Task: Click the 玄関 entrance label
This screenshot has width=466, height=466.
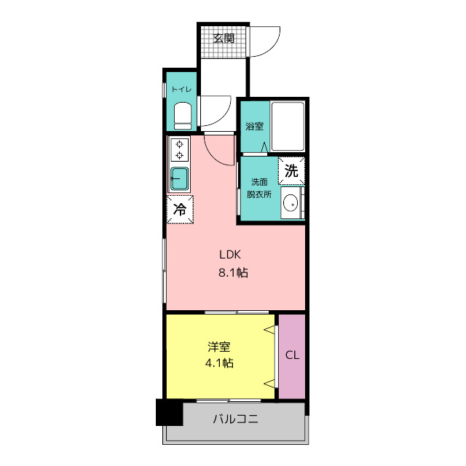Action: point(224,38)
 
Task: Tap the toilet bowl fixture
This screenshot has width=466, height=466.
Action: point(183,116)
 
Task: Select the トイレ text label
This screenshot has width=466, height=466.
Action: point(181,89)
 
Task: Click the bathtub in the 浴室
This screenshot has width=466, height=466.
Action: point(288,126)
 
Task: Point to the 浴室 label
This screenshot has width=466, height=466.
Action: point(254,126)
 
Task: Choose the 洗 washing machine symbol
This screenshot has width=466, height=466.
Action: point(291,170)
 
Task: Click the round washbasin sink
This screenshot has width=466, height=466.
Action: point(291,203)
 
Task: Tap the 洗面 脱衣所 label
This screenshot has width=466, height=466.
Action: point(259,188)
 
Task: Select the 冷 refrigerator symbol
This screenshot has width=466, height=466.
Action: point(180,209)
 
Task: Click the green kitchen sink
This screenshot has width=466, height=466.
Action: point(179,178)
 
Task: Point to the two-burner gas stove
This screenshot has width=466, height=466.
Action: point(179,150)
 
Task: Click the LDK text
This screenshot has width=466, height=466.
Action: point(230,254)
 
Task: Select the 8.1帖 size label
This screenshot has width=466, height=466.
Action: point(233,272)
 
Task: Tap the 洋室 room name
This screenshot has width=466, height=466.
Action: point(219,347)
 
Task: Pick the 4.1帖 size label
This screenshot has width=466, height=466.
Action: point(219,363)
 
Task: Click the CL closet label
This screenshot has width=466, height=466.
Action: point(292,355)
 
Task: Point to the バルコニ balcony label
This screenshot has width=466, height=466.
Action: point(235,419)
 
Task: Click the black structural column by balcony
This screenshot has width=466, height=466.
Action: point(170,412)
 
